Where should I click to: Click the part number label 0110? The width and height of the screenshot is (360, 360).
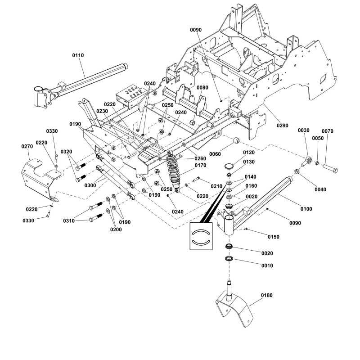click(78, 55)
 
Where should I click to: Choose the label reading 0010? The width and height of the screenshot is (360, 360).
click(267, 265)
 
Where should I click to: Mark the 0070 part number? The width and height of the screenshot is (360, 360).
click(328, 131)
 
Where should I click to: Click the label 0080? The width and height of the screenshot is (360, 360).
click(202, 87)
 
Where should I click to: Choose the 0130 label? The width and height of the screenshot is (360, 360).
click(249, 162)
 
